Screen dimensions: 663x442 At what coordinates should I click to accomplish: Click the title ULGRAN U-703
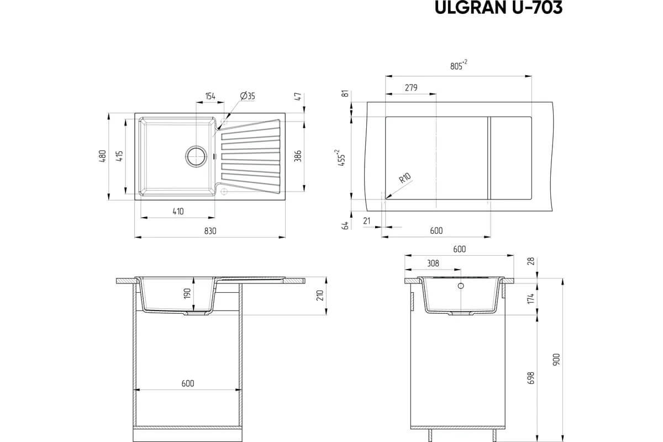498,7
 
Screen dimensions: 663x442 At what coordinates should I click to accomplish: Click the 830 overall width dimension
210,231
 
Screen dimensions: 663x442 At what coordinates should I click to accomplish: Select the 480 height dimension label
102,156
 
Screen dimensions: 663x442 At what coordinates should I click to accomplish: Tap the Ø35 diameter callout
248,96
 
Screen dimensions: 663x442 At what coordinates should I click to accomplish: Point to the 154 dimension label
210,96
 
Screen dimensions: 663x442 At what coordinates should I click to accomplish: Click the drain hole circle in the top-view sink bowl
196,156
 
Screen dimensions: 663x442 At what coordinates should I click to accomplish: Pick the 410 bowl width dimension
178,212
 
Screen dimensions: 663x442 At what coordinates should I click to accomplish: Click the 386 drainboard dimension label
298,156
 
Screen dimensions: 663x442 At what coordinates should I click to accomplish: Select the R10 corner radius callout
404,178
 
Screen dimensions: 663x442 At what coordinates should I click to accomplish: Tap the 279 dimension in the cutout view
411,88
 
